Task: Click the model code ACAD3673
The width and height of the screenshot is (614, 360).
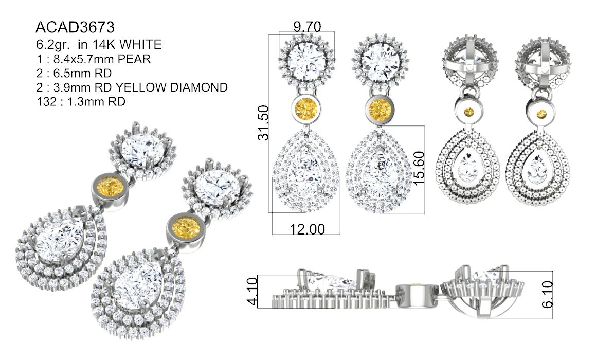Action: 75,27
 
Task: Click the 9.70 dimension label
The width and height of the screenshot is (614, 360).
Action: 308,27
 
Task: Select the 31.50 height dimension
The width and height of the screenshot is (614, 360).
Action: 263,122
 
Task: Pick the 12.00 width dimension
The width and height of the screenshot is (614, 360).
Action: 307,229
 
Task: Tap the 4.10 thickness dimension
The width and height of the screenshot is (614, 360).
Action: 252,291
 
